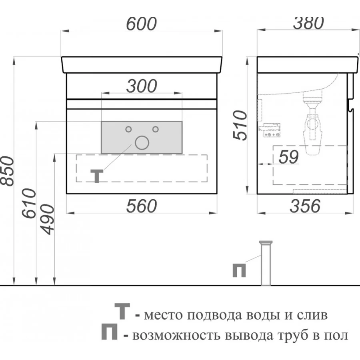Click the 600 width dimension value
142,24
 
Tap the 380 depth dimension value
308,23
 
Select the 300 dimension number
142,86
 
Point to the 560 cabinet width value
142,206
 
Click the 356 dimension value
305,206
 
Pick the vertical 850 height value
7,171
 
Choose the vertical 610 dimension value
29,203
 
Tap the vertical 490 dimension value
47,220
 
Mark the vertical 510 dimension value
240,125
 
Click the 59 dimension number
288,157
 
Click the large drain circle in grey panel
142,142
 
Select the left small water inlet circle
128,129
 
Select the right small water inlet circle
156,129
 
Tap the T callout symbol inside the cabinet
97,176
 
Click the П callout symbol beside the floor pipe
239,270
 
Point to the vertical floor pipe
266,263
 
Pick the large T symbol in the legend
122,311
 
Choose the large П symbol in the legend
110,332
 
